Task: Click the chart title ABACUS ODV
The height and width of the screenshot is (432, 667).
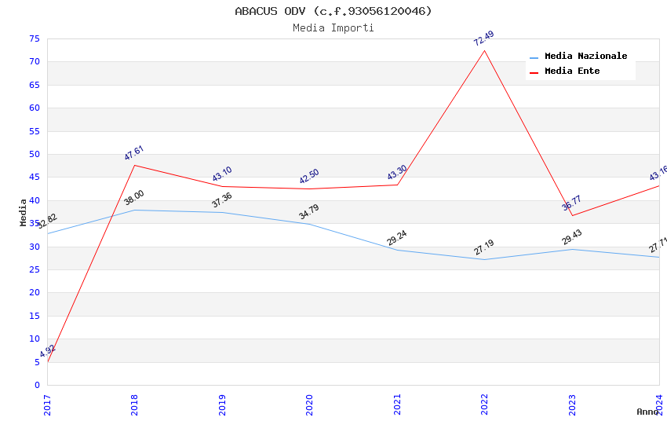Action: coord(333,11)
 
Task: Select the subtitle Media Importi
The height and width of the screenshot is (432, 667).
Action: coord(333,28)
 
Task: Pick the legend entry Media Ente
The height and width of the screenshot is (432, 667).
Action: coord(572,71)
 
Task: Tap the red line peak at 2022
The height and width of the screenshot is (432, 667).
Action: coord(484,51)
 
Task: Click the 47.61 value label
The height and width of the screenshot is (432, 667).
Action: coord(134,153)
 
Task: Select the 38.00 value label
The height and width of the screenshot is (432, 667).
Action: coord(134,198)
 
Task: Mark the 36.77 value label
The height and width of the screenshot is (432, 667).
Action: coord(572,203)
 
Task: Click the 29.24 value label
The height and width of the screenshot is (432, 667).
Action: coord(397,238)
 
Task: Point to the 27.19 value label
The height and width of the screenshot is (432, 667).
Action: coord(484,247)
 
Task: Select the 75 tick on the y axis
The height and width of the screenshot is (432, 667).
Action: coord(35,38)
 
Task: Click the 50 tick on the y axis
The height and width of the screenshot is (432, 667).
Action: coord(35,154)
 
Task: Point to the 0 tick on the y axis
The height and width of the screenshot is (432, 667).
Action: coord(37,385)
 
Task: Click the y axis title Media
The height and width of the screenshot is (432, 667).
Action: coord(24,212)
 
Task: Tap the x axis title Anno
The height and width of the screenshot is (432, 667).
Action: coord(647,412)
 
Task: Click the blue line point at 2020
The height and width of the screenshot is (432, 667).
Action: coord(309,224)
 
